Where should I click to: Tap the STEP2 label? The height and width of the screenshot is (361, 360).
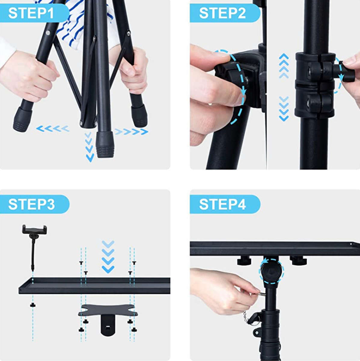coord(222,14)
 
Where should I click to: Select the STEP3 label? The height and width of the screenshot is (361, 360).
coord(32,204)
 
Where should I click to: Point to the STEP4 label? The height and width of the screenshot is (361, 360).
coord(223,204)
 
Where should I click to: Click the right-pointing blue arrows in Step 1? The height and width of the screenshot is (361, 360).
coord(131,131)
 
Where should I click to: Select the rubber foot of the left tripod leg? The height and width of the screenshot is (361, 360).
coord(22,119)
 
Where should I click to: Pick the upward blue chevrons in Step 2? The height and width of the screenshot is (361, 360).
coord(284,66)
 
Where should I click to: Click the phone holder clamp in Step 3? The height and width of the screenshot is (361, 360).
coord(35,229)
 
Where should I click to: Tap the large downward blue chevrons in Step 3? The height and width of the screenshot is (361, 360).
coord(108,256)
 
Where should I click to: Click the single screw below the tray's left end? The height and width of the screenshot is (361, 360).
coord(32,305)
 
